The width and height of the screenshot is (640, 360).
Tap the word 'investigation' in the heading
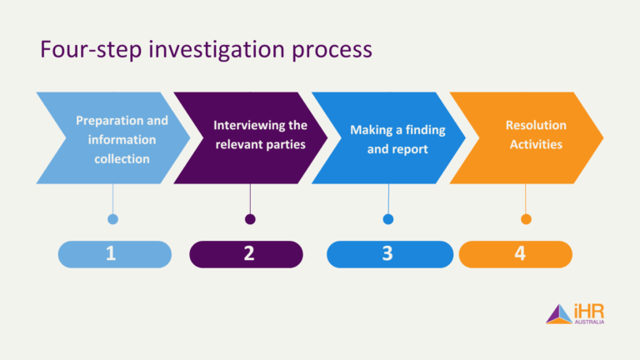pyautogui.click(x=202, y=50)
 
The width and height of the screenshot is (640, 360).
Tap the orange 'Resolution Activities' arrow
pyautogui.click(x=529, y=137)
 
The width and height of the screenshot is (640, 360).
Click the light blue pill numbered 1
pyautogui.click(x=112, y=254)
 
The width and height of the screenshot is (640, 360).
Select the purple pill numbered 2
pyautogui.click(x=248, y=254)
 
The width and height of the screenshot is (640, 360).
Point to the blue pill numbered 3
pyautogui.click(x=387, y=254)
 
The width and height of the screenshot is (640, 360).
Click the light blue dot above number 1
pyautogui.click(x=113, y=219)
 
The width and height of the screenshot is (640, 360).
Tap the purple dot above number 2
pyautogui.click(x=250, y=219)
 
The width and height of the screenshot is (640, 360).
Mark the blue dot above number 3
pyautogui.click(x=388, y=219)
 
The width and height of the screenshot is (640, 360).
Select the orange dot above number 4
pyautogui.click(x=526, y=219)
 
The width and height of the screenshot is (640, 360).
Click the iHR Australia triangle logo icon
pyautogui.click(x=557, y=314)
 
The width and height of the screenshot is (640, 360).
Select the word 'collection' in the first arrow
pyautogui.click(x=122, y=158)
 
